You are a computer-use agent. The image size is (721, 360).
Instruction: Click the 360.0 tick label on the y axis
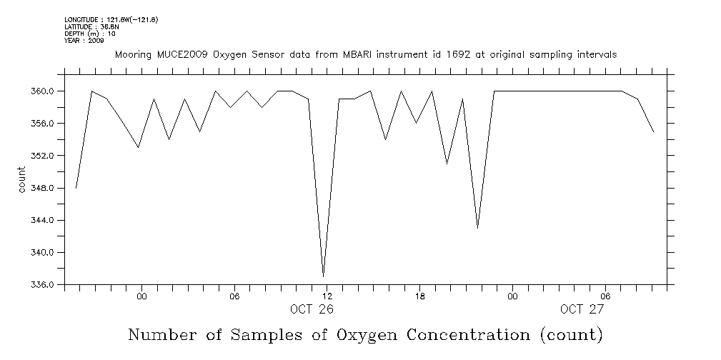[43, 91]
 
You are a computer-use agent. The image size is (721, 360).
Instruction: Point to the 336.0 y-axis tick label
[43, 285]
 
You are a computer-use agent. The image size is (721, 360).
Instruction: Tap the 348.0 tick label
[43, 188]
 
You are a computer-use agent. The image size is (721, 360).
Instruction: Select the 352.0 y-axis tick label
[43, 156]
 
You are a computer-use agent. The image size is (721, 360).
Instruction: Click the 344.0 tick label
[43, 220]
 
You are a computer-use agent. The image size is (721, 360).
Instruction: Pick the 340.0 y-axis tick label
[43, 253]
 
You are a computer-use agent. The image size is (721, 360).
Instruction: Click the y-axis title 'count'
[21, 179]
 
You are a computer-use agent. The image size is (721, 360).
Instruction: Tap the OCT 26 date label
[312, 309]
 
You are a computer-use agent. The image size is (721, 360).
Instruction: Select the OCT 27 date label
[582, 309]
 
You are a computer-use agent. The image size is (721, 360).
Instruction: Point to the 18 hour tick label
[420, 296]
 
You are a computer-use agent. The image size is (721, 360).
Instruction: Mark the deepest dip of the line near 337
[324, 276]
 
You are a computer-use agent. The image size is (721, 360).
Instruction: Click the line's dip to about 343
[477, 228]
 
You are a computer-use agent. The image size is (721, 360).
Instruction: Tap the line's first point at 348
[76, 188]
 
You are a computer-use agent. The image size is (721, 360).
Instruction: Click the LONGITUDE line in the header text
[111, 19]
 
